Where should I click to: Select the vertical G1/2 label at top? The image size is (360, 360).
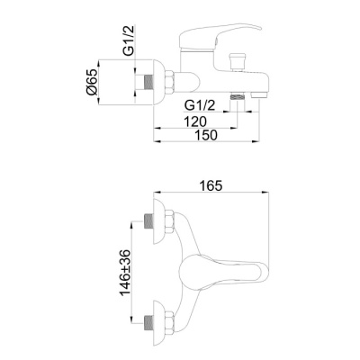(129, 40)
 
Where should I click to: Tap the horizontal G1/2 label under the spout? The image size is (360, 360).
(200, 105)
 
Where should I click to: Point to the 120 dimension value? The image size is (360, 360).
(195, 121)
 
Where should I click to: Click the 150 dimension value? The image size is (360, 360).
(206, 135)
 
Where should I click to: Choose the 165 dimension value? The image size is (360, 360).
(211, 185)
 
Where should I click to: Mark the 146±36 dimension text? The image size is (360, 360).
(126, 272)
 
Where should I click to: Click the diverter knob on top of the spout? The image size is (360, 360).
(238, 62)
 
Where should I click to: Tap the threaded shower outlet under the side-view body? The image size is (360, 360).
(238, 96)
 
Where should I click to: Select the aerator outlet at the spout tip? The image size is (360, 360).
(259, 95)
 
